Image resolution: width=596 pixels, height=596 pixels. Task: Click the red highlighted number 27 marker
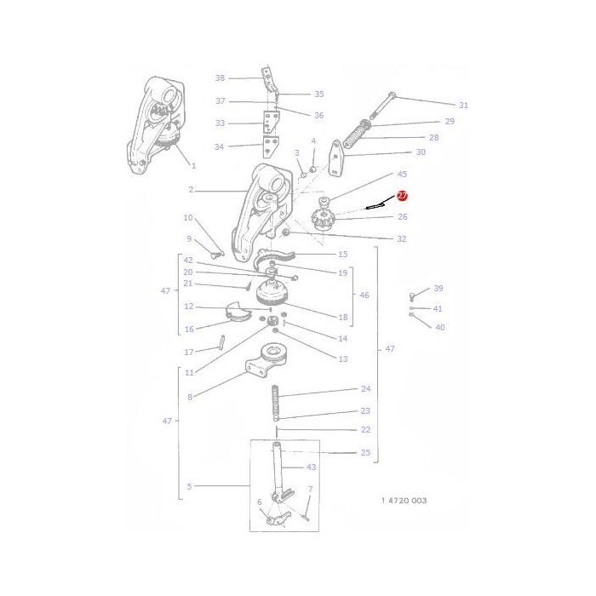403,196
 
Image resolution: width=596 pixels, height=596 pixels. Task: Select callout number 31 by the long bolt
463,106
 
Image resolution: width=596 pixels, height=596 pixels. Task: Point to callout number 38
220,78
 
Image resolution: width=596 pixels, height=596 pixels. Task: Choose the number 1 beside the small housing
193,165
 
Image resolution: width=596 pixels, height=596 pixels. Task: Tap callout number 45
402,175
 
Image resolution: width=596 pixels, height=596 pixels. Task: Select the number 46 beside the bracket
364,295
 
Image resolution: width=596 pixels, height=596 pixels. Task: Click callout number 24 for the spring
365,388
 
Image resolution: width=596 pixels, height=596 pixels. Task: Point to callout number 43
311,467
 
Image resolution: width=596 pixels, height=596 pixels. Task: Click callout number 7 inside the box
310,490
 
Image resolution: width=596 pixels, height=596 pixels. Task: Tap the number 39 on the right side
438,289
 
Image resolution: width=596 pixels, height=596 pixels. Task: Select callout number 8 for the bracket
189,397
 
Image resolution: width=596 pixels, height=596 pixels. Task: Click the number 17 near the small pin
189,351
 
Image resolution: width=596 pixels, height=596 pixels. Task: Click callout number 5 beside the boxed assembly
189,486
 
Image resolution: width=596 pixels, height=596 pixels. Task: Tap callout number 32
401,239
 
